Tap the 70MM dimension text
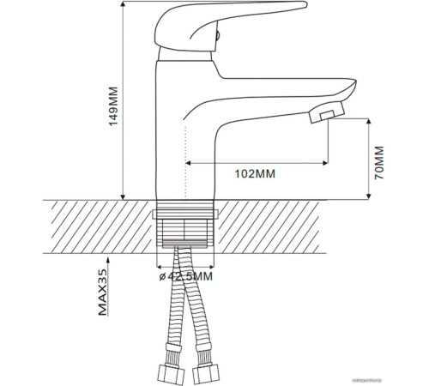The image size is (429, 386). (x=381, y=160)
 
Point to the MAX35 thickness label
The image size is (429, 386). (x=102, y=293)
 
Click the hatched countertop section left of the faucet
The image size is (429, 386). (x=94, y=226)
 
